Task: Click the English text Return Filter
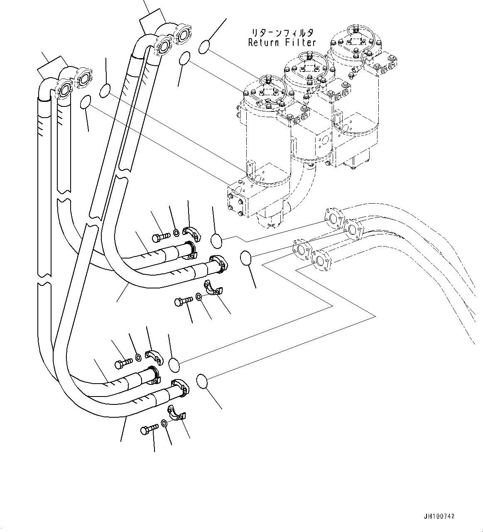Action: coord(282,42)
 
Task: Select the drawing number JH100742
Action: coord(439,516)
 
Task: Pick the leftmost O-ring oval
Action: coord(86,102)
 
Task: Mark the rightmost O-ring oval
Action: coord(247,258)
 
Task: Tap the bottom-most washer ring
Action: coord(164,423)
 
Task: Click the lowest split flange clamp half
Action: coord(178,412)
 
